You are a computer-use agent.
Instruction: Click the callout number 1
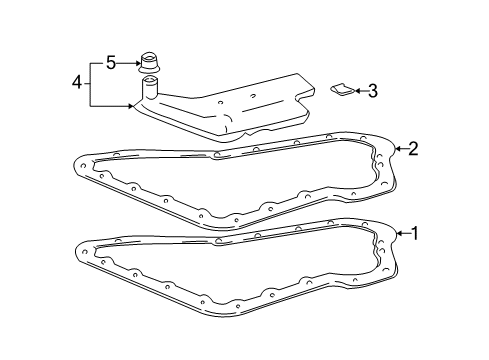[x=414, y=233]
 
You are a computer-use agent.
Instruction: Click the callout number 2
[x=413, y=149]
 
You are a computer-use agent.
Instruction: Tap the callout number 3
[x=373, y=91]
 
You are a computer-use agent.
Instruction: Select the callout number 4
[x=77, y=82]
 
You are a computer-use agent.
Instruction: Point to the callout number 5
[x=111, y=63]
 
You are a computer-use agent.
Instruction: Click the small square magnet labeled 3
[x=343, y=89]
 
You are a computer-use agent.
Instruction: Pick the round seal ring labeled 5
[x=149, y=62]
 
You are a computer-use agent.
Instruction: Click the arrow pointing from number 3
[x=361, y=91]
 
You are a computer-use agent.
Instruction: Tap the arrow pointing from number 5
[x=128, y=63]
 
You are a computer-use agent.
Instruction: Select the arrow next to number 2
[x=401, y=149]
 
